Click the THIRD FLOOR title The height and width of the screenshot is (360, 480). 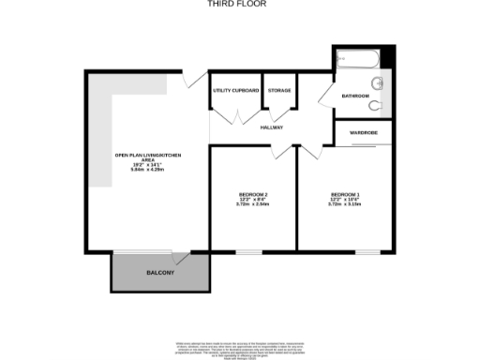pos(237,4)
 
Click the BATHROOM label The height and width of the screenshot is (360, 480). pos(355,97)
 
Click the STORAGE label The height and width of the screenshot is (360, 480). pos(279,90)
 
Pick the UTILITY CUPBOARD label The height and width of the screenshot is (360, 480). pos(234,90)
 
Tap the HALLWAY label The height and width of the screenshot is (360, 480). pos(272,127)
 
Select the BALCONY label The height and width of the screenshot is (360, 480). pos(159,272)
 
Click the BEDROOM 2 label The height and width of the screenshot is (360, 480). pos(253,195)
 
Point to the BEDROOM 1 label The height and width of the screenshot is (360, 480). pos(345,195)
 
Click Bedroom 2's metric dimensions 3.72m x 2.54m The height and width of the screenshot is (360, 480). pos(253,205)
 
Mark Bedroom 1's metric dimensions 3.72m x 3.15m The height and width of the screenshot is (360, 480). pos(345,205)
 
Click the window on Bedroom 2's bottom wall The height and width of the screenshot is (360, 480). pos(248,251)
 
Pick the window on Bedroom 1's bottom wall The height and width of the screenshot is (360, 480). pos(367,251)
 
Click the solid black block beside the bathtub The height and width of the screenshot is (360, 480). pos(389,57)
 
